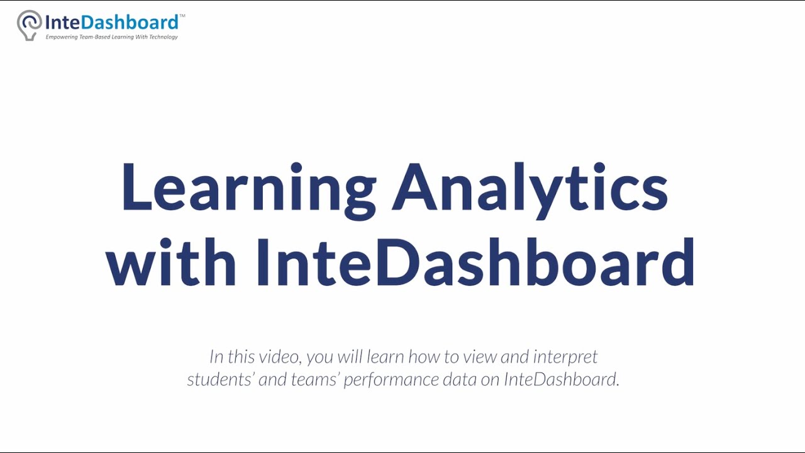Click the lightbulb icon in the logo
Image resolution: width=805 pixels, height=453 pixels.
click(x=29, y=25)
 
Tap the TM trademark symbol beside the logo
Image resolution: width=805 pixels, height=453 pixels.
click(x=182, y=16)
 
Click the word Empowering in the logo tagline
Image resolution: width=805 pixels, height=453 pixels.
click(x=61, y=37)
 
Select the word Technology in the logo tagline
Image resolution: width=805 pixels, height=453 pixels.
click(x=164, y=37)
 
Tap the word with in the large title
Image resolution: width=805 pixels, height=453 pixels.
click(x=170, y=262)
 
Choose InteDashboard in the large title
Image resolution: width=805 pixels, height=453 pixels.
click(x=475, y=262)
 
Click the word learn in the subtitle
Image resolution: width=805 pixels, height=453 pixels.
click(x=385, y=357)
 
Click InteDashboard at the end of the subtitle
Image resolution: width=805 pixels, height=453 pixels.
click(x=561, y=379)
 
